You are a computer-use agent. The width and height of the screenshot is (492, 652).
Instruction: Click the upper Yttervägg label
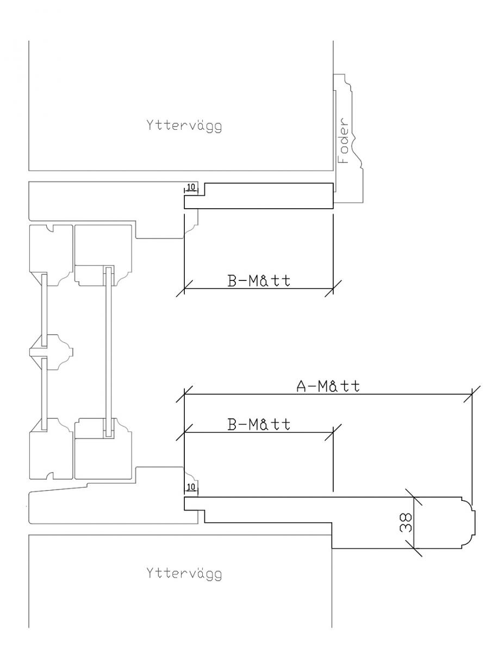point(184,126)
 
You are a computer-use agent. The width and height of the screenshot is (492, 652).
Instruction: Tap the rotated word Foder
point(344,141)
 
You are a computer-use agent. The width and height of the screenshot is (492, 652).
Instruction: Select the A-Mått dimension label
point(328,386)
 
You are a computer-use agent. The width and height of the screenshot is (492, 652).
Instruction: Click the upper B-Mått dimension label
point(258,281)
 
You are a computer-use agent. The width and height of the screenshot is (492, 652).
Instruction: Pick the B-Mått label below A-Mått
point(258,424)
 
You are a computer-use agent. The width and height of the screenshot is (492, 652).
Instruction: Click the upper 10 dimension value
point(191,187)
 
